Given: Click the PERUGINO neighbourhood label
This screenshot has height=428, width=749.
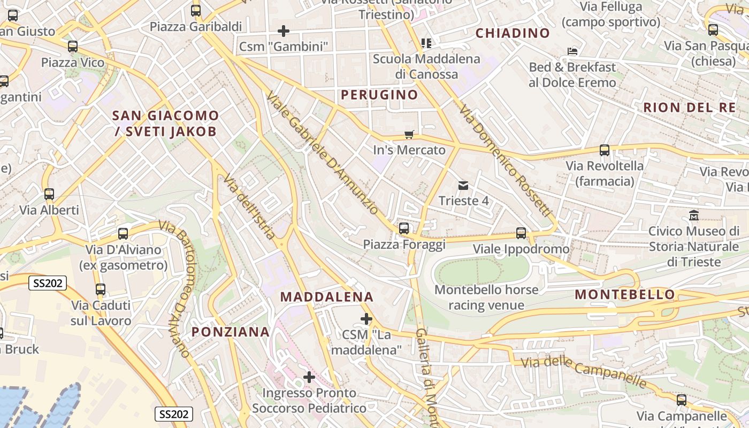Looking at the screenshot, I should pos(379,95).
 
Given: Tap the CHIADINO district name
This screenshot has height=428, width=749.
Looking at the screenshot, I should pos(513,33).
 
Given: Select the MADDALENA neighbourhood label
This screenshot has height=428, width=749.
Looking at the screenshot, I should pos(327,297).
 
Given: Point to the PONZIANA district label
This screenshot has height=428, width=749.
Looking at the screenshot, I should pos(231,332).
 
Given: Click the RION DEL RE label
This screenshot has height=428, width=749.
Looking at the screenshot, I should pos(689,107).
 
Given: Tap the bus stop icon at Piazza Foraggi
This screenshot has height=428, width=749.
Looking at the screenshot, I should pos(404,228).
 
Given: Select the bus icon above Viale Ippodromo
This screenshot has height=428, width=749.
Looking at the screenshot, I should pos(521,233).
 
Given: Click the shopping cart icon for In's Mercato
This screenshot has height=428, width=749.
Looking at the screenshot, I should pos(409,134).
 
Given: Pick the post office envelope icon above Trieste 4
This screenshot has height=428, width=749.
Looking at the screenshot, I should pos(463,186).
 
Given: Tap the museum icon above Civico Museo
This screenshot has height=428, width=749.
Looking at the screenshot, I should pos(694,216).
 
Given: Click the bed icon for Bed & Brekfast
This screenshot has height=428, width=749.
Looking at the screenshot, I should pos(572,51).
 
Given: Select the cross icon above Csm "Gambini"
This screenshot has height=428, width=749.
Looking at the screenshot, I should pos(284,31).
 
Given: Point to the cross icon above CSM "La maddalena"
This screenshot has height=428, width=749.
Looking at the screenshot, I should pos(366,319).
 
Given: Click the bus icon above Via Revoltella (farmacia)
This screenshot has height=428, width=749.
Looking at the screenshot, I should pos(605,150).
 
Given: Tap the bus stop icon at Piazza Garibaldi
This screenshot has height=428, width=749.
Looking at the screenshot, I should pos(196,10).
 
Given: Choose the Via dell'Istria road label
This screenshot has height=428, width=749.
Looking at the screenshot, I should pos(249,206).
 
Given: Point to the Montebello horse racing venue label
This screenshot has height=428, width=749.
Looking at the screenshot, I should pos(486,297).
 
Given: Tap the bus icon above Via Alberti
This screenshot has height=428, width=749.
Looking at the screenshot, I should pos(49,194).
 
